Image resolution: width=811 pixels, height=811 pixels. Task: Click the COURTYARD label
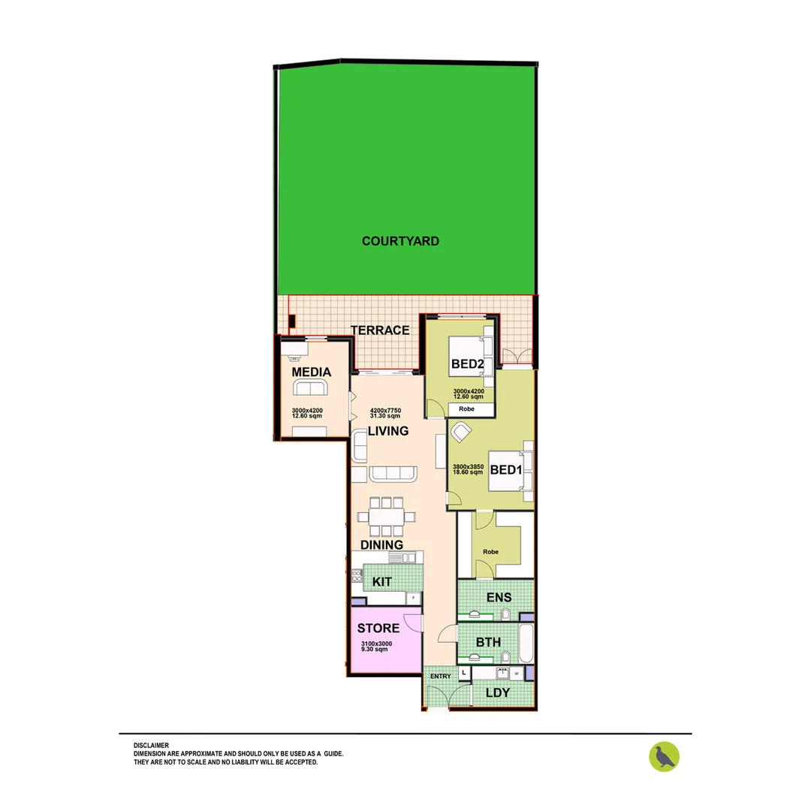400,241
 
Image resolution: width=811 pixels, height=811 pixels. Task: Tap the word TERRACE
380,330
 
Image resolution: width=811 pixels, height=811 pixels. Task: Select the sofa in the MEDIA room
310,387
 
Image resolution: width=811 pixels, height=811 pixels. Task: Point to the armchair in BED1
460,432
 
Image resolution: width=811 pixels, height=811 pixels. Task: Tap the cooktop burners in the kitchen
357,577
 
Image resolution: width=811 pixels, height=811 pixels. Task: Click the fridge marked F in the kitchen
412,598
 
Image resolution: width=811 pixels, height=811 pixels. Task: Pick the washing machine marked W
516,674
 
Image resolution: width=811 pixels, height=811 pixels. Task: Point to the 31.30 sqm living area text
384,417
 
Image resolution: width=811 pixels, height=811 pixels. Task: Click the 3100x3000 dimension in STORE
376,644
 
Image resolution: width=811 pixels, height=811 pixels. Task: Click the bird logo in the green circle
664,756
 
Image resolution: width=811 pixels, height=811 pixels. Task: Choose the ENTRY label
440,677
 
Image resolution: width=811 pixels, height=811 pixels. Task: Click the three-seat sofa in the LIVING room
393,473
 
